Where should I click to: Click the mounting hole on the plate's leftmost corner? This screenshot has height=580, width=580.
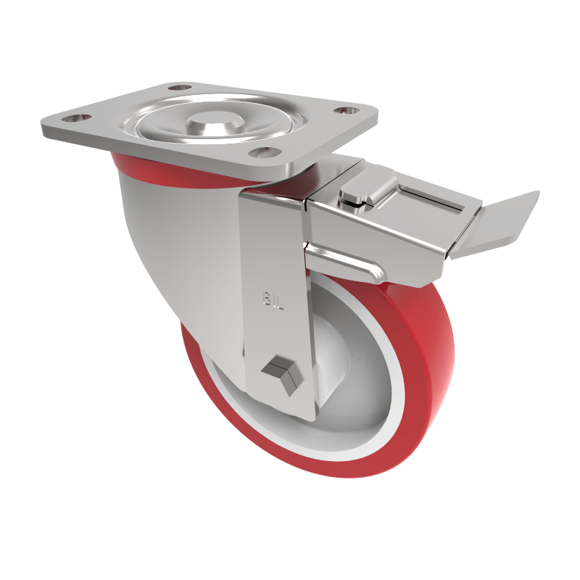75,117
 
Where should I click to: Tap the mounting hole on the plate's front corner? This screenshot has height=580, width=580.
265,153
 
